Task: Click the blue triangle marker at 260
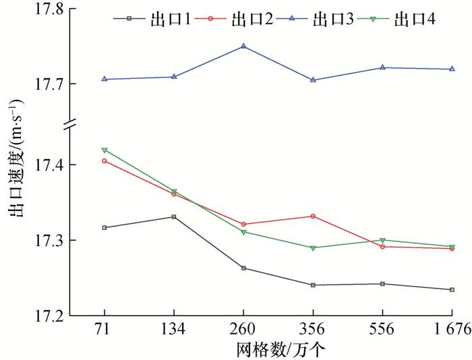pos(243,46)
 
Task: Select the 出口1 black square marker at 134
pos(174,216)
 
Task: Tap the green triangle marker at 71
pos(105,150)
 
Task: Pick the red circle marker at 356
pos(313,216)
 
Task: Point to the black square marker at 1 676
pos(452,289)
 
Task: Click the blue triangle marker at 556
pos(382,67)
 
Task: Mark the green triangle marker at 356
pos(313,247)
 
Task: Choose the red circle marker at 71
pos(105,160)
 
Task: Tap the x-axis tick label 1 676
pos(451,330)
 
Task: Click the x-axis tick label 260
pos(243,330)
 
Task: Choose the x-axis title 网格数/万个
pos(277,349)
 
